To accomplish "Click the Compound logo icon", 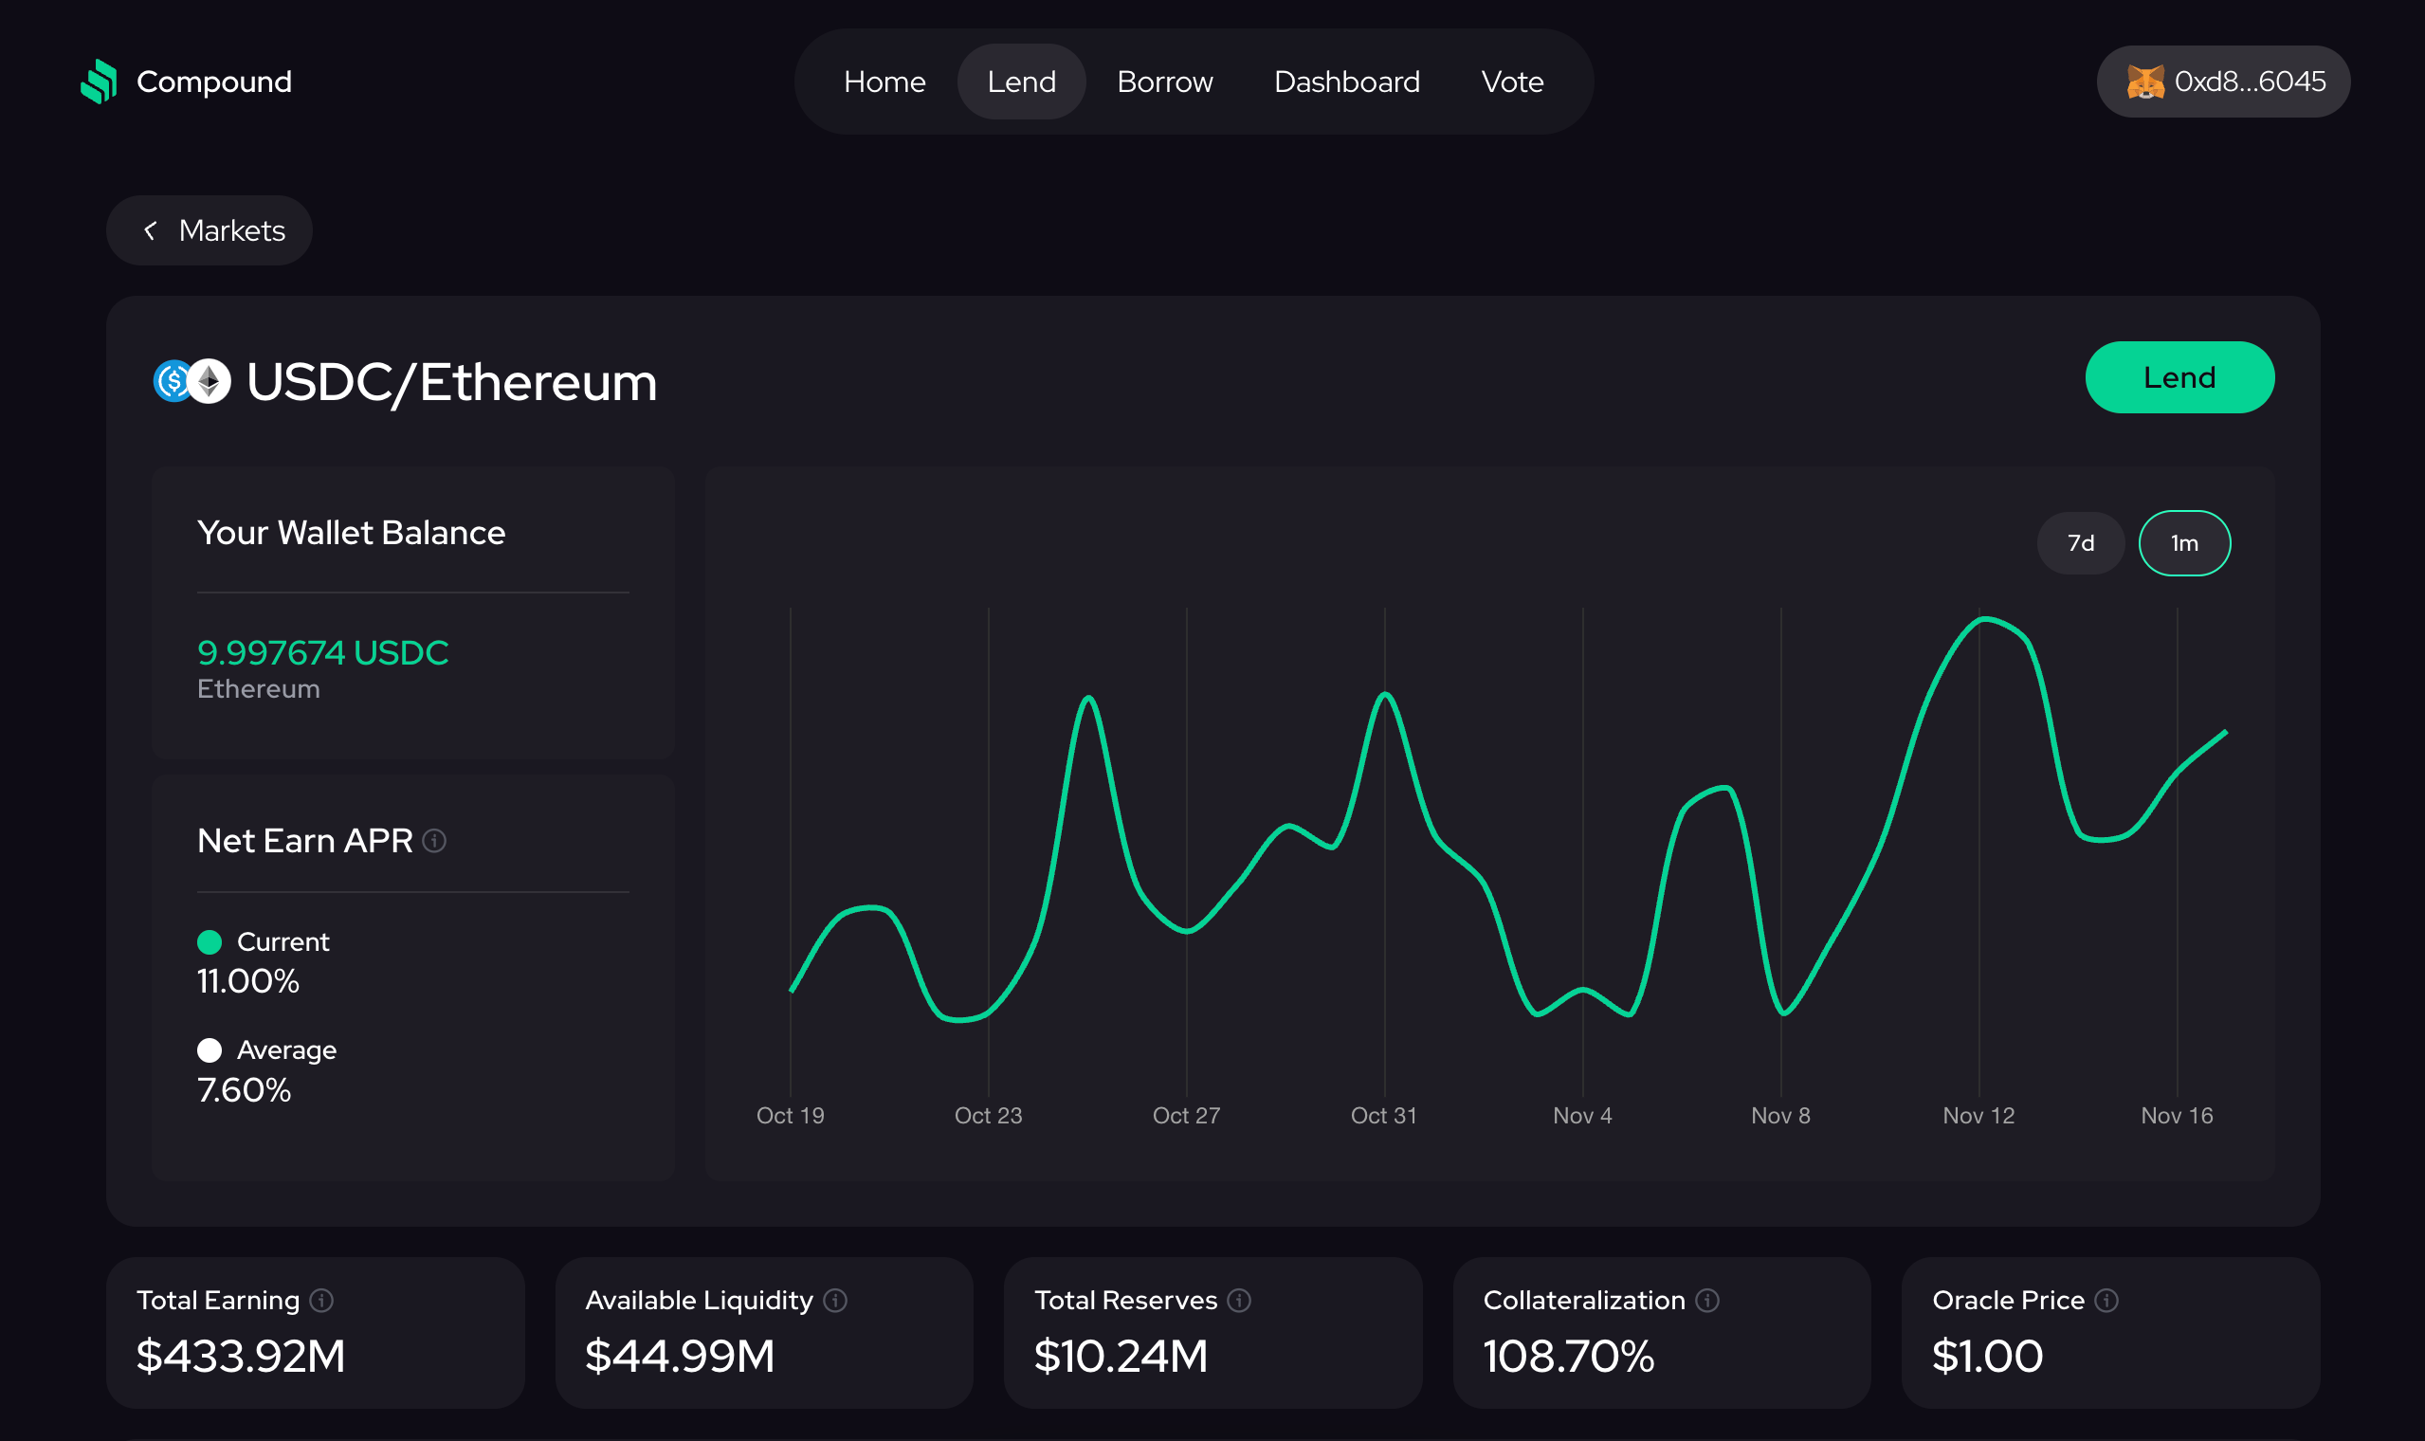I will tap(99, 82).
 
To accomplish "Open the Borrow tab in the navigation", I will tap(1164, 82).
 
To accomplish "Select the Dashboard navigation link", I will tap(1345, 82).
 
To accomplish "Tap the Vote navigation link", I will tap(1511, 82).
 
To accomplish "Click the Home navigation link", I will tap(884, 82).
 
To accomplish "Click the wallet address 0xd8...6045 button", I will tap(2249, 82).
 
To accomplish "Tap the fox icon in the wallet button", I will tap(2144, 82).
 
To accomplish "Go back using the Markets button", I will tap(210, 230).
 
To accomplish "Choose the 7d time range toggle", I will tap(2079, 543).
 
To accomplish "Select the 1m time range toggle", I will tap(2183, 543).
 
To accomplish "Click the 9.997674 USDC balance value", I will tap(322, 652).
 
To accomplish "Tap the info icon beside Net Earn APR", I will tap(434, 841).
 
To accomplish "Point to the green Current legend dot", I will tap(210, 942).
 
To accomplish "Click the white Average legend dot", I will tap(210, 1049).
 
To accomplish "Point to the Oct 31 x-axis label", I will tap(1383, 1116).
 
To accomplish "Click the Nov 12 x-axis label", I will tap(1978, 1116).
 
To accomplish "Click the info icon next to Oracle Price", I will tap(2106, 1300).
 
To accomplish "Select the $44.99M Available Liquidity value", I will tap(680, 1356).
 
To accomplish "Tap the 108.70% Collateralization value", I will tap(1568, 1356).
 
